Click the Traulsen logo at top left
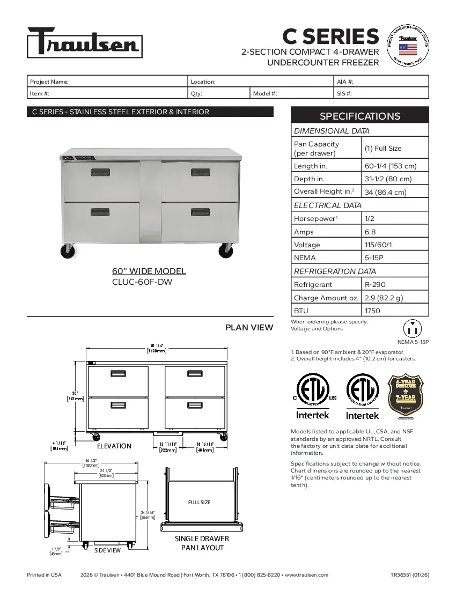pyautogui.click(x=84, y=42)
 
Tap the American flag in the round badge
pyautogui.click(x=408, y=50)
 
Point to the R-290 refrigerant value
pyautogui.click(x=375, y=285)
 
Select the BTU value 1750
pyautogui.click(x=372, y=311)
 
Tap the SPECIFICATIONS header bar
pyautogui.click(x=359, y=116)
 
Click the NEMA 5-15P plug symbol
pyautogui.click(x=413, y=328)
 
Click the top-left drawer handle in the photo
pyautogui.click(x=100, y=172)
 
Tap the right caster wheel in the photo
pyautogui.click(x=226, y=250)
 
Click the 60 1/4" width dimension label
pyautogui.click(x=156, y=348)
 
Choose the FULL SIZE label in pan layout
pyautogui.click(x=199, y=503)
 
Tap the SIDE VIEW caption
pyautogui.click(x=107, y=550)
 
